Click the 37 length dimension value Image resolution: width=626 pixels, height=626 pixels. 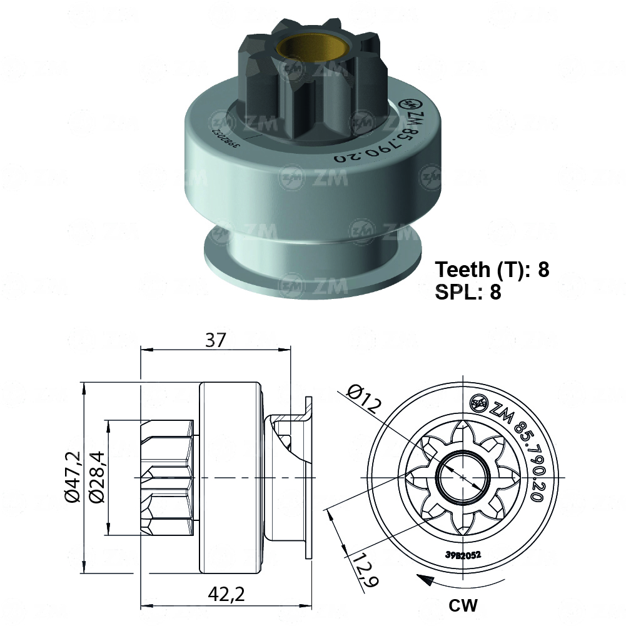(x=215, y=340)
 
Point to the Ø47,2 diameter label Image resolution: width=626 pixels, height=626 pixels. (x=73, y=477)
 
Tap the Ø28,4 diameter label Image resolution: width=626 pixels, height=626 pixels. (x=97, y=477)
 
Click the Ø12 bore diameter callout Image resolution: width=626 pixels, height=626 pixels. (x=364, y=398)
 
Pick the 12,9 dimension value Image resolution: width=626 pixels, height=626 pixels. (x=365, y=570)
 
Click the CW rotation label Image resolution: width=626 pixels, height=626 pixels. (x=463, y=605)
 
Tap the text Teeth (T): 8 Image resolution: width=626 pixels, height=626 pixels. (x=492, y=270)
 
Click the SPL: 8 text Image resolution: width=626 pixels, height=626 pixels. (x=468, y=292)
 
